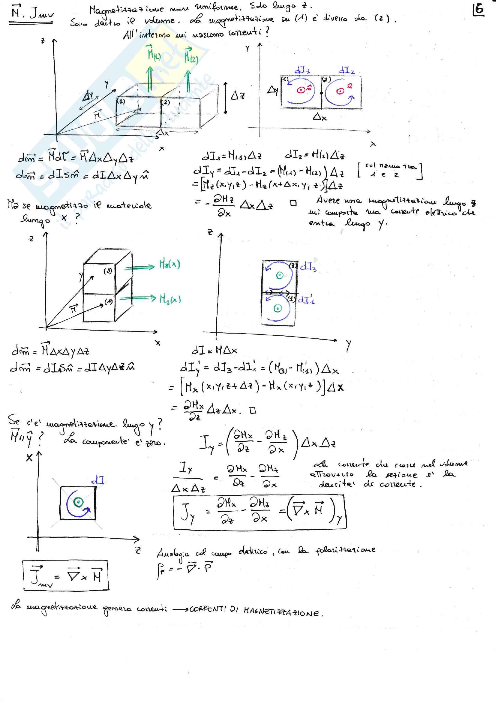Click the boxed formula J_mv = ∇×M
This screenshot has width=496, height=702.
pos(66,575)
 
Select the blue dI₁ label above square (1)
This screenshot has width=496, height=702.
pos(302,70)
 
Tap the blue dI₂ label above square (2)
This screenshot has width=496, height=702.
pos(346,70)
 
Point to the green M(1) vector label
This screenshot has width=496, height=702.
pos(154,53)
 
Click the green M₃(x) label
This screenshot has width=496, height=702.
pos(170,264)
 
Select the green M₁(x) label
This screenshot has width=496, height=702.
pos(170,298)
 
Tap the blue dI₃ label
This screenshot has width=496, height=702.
pos(308,267)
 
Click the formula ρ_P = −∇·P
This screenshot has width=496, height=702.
pos(185,569)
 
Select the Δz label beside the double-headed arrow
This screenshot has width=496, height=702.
pos(237,96)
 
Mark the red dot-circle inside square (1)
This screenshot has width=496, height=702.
pos(301,90)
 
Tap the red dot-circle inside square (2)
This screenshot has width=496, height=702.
pos(340,91)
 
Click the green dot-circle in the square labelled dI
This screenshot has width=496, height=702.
pos(79,502)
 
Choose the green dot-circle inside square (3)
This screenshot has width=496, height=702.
pos(279,275)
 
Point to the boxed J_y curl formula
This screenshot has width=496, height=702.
pos(260,512)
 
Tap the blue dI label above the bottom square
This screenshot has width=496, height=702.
pos(98,480)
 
